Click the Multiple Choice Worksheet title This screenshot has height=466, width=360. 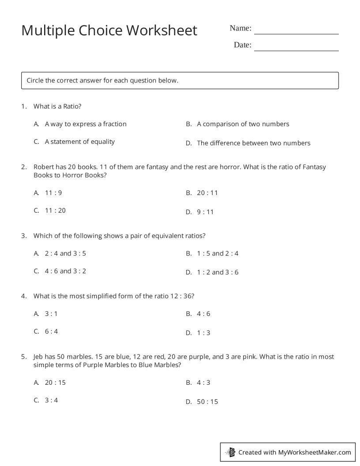pyautogui.click(x=109, y=30)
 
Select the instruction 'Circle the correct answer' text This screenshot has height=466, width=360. pyautogui.click(x=102, y=81)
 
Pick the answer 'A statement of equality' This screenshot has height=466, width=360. pyautogui.click(x=79, y=142)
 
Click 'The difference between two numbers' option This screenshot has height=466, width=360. pyautogui.click(x=253, y=143)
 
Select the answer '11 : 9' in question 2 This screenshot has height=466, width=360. pyautogui.click(x=53, y=193)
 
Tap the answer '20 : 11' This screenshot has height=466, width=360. pyautogui.click(x=207, y=193)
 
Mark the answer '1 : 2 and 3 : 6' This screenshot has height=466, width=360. pyautogui.click(x=217, y=272)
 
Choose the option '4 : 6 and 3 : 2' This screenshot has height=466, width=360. pyautogui.click(x=65, y=271)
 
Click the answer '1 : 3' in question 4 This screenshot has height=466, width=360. pyautogui.click(x=203, y=333)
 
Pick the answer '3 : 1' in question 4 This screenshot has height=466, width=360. pyautogui.click(x=51, y=314)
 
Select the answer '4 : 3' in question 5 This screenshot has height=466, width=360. pyautogui.click(x=203, y=383)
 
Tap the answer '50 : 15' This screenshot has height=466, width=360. pyautogui.click(x=207, y=402)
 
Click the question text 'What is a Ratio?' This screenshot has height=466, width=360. pyautogui.click(x=57, y=106)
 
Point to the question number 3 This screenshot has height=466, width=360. pyautogui.click(x=23, y=236)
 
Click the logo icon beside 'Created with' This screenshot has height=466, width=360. pyautogui.click(x=230, y=452)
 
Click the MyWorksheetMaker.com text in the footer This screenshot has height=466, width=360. pyautogui.click(x=315, y=452)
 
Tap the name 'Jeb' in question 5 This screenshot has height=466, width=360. pyautogui.click(x=38, y=357)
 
